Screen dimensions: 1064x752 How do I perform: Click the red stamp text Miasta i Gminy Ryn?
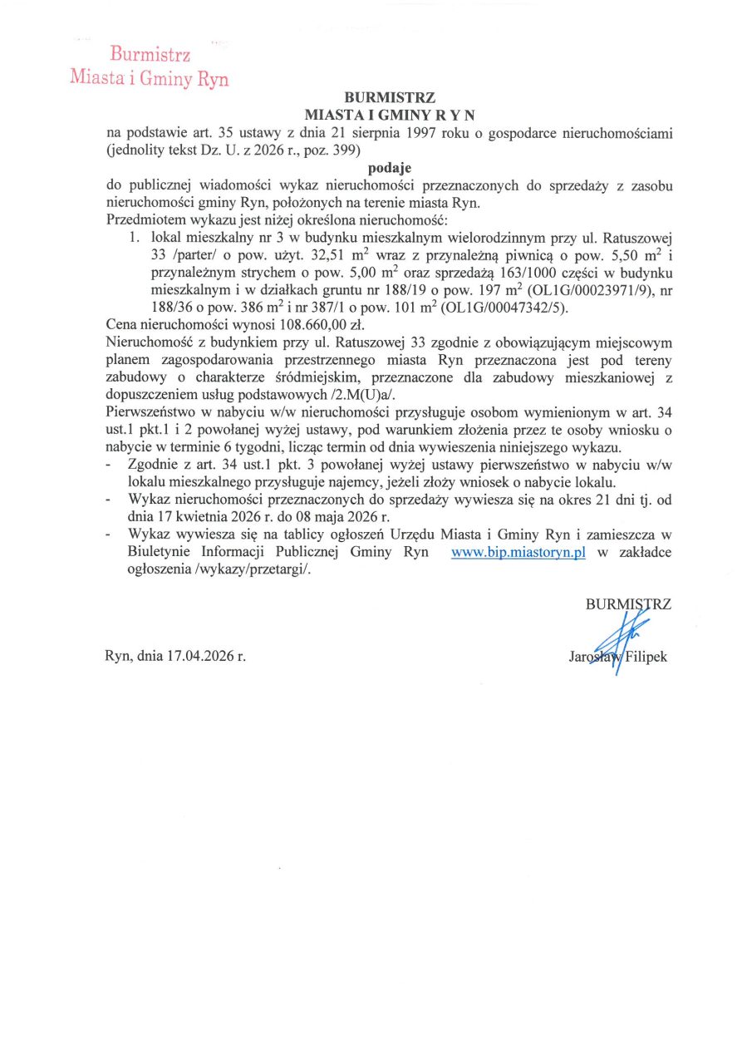pyautogui.click(x=150, y=79)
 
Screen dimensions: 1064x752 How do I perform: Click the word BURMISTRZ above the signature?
pyautogui.click(x=628, y=605)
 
